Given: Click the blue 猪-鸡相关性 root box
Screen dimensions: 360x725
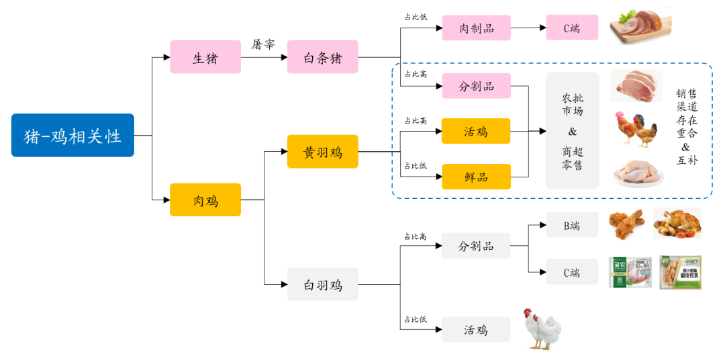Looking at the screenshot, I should click(72, 135).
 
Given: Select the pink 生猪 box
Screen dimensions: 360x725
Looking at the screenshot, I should click(205, 57).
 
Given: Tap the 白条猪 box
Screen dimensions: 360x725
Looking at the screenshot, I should click(322, 57).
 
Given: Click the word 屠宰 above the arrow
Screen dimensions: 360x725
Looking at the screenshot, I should click(263, 44).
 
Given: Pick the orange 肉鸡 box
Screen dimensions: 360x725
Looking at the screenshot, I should click(205, 199).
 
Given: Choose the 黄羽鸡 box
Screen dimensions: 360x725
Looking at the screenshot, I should click(322, 152).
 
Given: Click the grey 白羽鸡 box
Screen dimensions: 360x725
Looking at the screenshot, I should click(322, 284).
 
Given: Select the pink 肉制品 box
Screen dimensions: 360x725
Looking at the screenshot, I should click(476, 28).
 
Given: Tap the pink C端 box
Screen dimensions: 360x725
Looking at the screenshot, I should click(571, 28).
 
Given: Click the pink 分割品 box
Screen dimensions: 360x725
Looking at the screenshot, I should click(476, 86).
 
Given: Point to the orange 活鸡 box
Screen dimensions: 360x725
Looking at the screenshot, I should click(476, 131).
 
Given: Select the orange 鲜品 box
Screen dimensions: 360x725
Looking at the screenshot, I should click(476, 177).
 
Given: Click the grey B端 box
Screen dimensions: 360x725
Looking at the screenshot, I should click(571, 226).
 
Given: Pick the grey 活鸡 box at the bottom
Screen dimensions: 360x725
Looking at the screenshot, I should click(476, 329).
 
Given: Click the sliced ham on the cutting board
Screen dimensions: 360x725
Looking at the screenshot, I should click(640, 26).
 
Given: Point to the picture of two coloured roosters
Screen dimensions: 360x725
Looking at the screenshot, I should click(636, 129).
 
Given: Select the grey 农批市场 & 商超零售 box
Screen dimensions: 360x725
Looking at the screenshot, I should click(572, 131).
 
